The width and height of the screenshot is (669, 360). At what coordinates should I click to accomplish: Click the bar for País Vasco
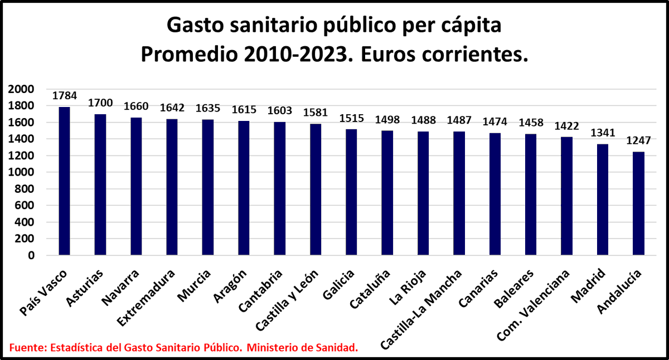[65, 181]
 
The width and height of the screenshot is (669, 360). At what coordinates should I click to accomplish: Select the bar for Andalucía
[638, 203]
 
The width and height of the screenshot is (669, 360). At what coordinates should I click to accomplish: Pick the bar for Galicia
[351, 192]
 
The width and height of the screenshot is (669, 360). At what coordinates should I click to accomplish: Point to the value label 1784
[65, 95]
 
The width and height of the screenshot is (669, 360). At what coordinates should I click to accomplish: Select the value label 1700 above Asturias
[100, 103]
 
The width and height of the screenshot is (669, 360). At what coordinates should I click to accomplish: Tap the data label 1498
[387, 119]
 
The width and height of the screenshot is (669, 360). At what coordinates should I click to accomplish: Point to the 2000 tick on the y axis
[21, 89]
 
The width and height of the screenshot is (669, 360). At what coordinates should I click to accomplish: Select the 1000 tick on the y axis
[21, 172]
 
